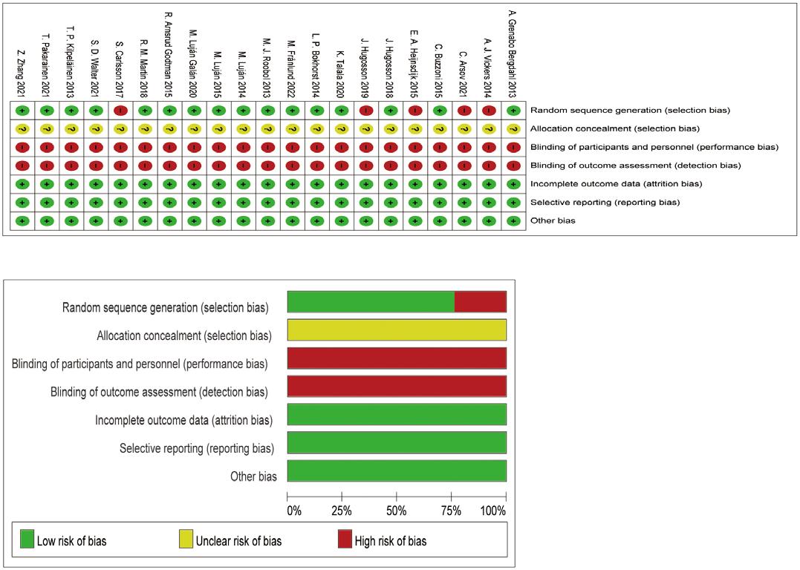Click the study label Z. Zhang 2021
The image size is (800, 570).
pyautogui.click(x=22, y=73)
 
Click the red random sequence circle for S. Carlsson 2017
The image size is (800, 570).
pyautogui.click(x=120, y=110)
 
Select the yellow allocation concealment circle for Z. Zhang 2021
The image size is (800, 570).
pyautogui.click(x=22, y=128)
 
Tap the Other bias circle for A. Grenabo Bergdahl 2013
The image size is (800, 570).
pyautogui.click(x=513, y=220)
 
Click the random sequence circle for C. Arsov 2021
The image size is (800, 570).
pyautogui.click(x=463, y=110)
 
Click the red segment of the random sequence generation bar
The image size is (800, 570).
pyautogui.click(x=480, y=302)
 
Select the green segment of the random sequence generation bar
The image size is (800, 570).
pyautogui.click(x=370, y=302)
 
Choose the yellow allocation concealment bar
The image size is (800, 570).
pyautogui.click(x=397, y=330)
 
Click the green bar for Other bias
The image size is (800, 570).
pyautogui.click(x=397, y=471)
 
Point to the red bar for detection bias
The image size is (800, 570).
pyautogui.click(x=397, y=386)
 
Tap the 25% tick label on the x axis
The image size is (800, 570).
pyautogui.click(x=342, y=511)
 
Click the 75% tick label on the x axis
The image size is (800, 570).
pyautogui.click(x=451, y=511)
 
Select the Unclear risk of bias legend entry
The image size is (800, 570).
pyautogui.click(x=238, y=541)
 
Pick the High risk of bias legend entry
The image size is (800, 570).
pyautogui.click(x=391, y=541)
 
